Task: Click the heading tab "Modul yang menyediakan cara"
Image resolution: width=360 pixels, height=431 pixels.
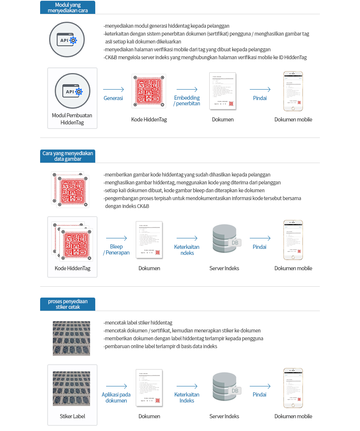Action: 67,7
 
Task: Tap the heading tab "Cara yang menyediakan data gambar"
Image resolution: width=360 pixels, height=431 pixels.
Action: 67,156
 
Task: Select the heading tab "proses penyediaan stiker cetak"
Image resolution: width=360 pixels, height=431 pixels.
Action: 67,304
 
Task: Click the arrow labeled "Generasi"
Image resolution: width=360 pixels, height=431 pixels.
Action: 113,90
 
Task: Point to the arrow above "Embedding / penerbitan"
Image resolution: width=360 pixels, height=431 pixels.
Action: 187,90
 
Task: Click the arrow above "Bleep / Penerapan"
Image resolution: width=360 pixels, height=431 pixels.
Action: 116,238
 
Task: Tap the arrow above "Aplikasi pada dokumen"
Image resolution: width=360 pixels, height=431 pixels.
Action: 116,386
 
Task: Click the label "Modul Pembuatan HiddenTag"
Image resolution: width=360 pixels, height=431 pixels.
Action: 72,119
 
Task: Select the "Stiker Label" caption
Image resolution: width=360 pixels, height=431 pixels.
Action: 72,416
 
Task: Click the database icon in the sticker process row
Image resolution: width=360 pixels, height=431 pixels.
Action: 225,387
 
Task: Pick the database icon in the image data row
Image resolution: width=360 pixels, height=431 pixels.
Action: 225,239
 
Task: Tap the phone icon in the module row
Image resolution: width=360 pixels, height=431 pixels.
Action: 293,91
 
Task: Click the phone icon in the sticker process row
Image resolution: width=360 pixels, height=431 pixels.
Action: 293,388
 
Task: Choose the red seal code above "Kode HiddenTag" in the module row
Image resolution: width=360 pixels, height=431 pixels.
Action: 149,91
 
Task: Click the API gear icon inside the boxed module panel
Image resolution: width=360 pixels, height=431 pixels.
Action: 72,91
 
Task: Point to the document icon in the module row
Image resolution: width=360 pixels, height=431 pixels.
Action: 223,91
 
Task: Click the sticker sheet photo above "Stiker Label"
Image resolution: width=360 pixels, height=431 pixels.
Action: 71,388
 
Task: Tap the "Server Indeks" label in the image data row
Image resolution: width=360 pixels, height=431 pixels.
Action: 224,268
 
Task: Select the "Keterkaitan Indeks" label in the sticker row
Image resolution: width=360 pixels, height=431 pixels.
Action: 187,398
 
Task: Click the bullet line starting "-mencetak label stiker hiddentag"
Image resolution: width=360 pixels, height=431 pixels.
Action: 138,323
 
